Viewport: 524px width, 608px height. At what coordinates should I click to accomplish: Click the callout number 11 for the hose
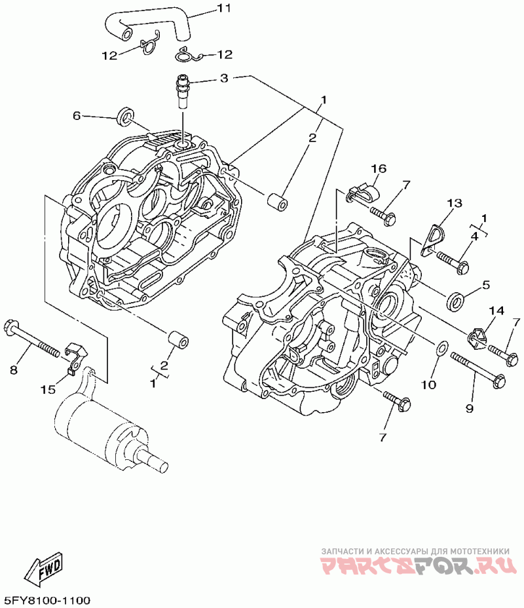(x=225, y=9)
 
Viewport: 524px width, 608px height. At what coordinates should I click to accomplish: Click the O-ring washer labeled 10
(x=442, y=348)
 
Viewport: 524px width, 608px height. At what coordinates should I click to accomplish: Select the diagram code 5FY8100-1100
(x=47, y=600)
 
